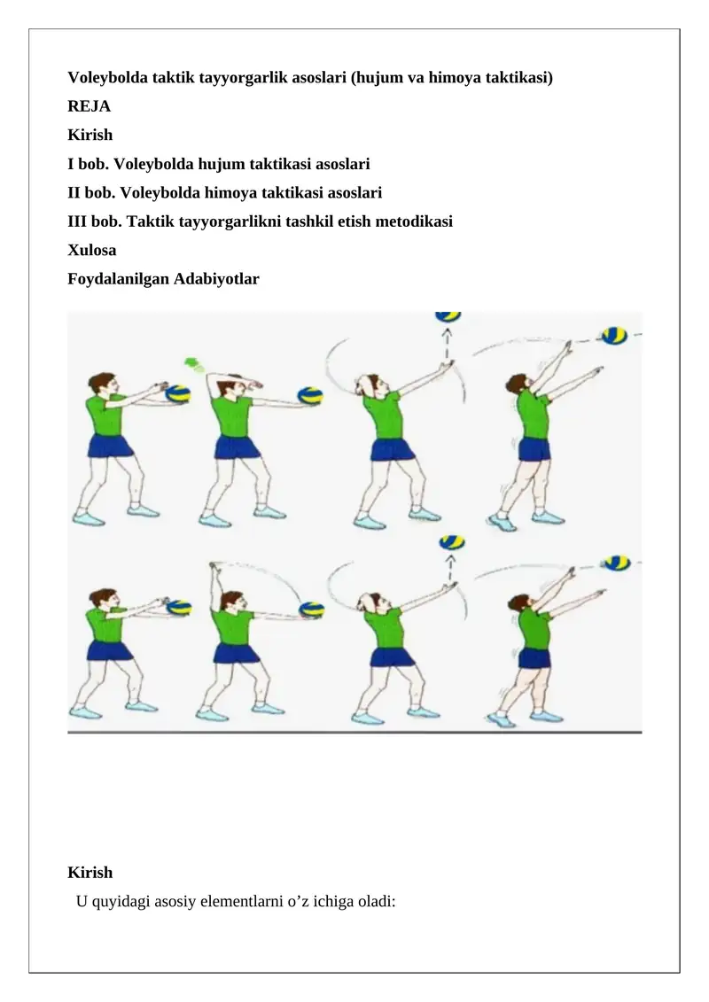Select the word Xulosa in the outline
coord(91,250)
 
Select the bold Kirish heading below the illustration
coord(90,872)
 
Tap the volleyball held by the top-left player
coord(179,394)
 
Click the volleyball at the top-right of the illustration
coord(613,337)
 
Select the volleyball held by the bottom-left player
coord(179,608)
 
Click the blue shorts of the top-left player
coord(109,445)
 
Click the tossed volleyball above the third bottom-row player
coord(451,542)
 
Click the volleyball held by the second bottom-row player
coord(311,610)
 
